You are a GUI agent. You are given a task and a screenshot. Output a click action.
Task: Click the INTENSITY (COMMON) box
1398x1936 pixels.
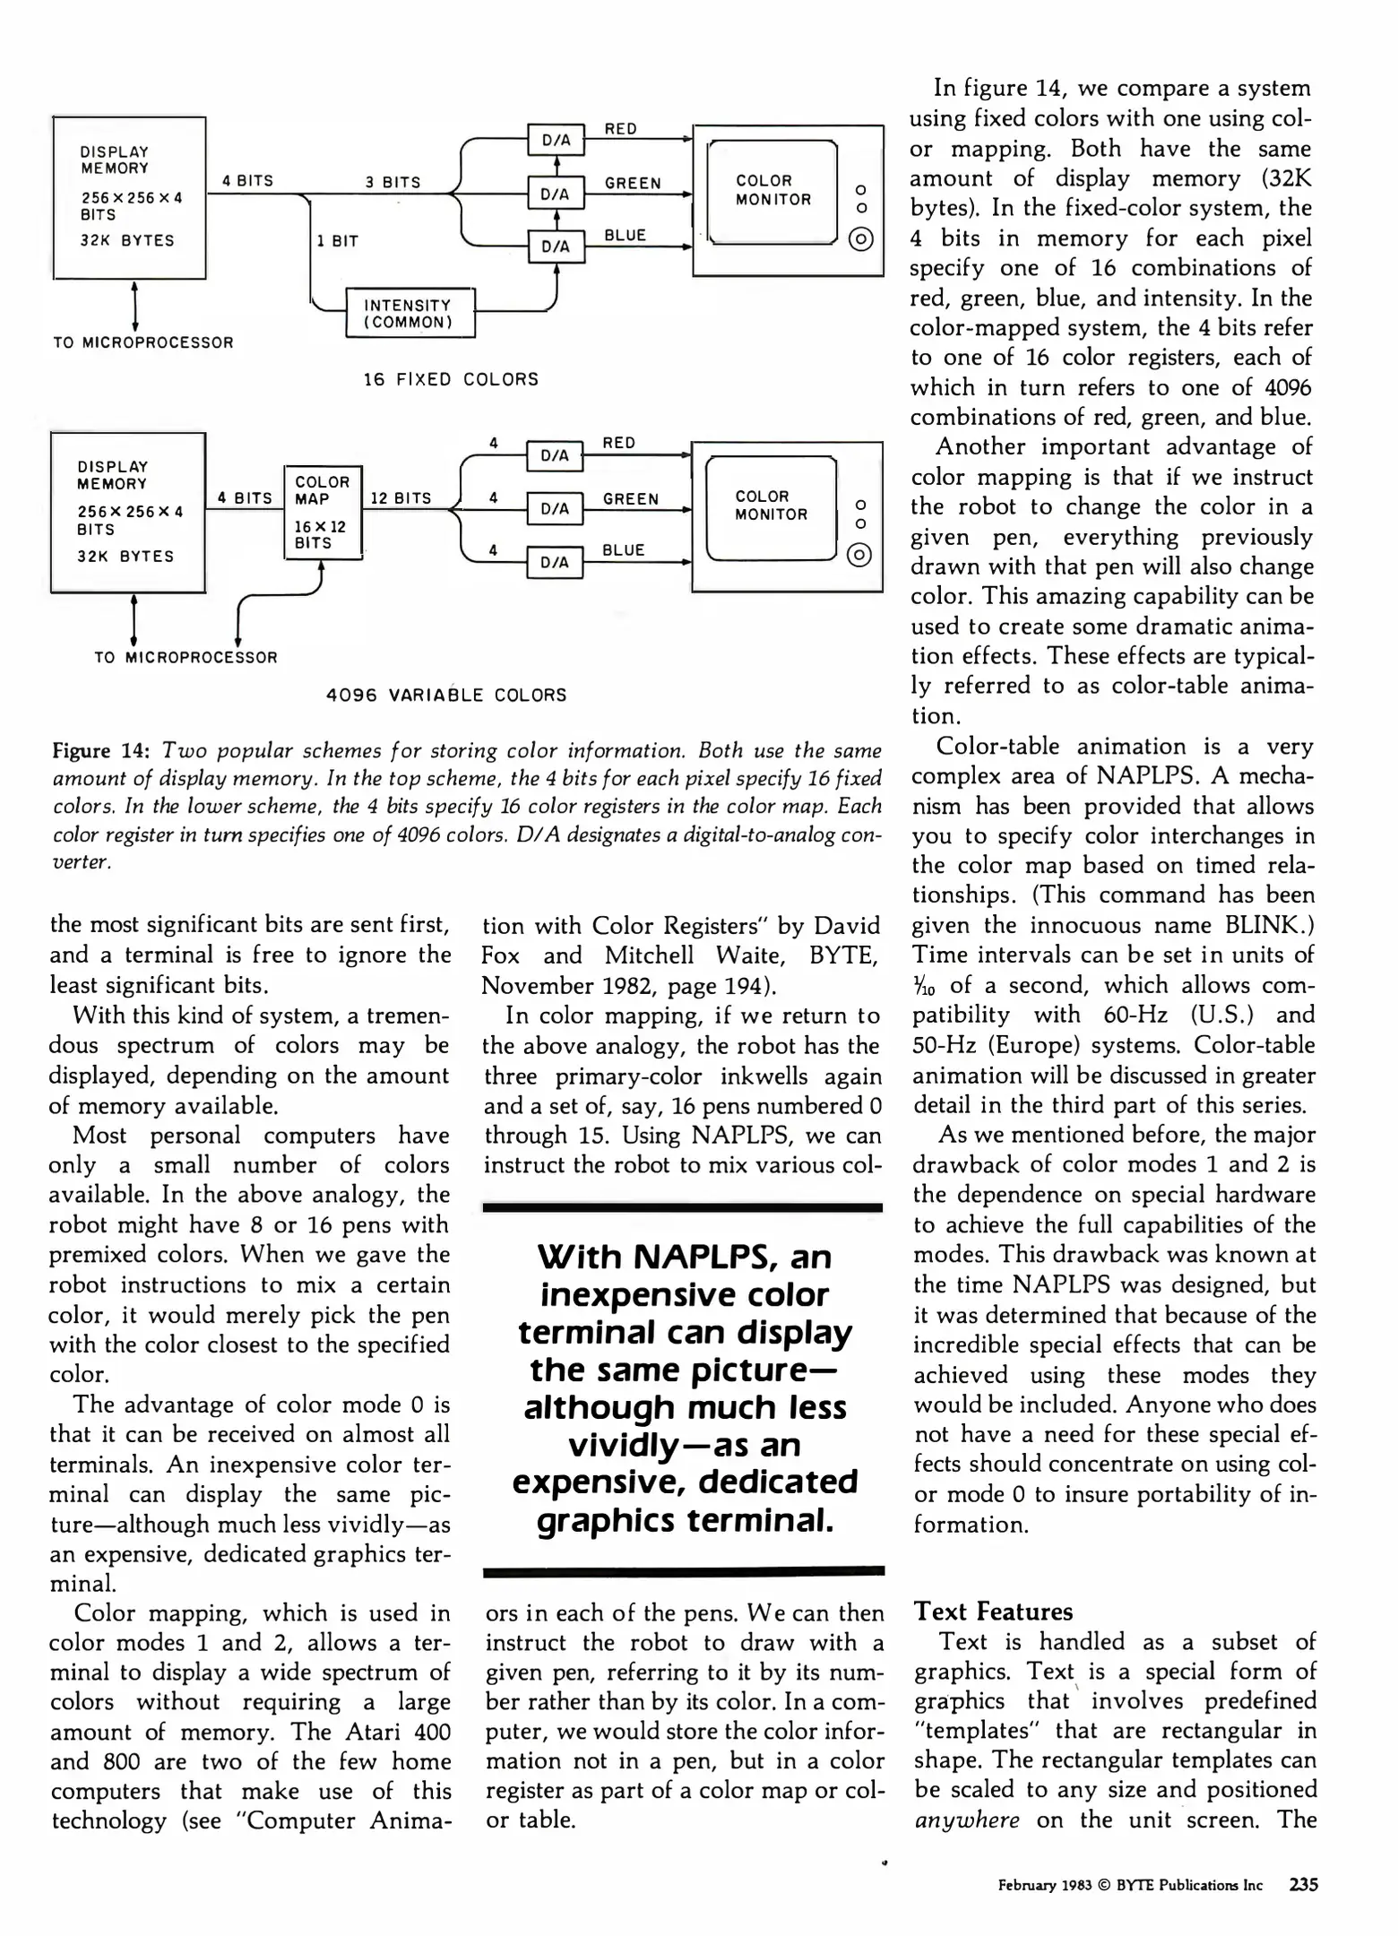(410, 313)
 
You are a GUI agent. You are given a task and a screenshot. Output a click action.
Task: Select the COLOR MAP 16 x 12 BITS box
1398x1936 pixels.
(323, 512)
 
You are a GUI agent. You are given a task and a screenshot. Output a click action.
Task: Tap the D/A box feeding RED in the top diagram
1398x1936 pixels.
(556, 140)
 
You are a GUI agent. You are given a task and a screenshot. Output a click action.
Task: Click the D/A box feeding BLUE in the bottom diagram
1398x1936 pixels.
(555, 562)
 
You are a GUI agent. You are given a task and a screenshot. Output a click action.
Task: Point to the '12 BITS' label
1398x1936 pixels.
(401, 498)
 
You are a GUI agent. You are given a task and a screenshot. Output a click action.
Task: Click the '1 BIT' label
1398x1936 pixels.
(337, 241)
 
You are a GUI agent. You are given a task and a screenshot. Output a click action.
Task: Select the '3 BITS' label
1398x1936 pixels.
(393, 182)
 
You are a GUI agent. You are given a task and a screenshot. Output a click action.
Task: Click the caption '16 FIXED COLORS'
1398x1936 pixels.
(451, 379)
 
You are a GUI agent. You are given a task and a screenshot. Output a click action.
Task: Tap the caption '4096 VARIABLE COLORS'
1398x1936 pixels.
(446, 695)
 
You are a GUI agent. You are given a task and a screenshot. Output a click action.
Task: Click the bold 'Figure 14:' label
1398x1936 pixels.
(101, 750)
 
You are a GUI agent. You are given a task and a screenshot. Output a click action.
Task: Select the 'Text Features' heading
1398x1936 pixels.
(993, 1612)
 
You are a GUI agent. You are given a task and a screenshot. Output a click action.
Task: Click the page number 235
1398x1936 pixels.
(1303, 1885)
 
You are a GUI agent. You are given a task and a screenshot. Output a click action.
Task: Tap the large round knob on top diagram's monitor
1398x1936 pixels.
(860, 240)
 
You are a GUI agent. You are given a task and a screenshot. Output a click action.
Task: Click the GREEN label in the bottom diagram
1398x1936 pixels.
(630, 498)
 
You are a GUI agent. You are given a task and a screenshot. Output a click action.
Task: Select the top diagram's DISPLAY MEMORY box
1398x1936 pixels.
(129, 197)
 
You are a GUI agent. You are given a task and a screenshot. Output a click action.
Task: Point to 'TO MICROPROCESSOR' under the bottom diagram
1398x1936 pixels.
(186, 657)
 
